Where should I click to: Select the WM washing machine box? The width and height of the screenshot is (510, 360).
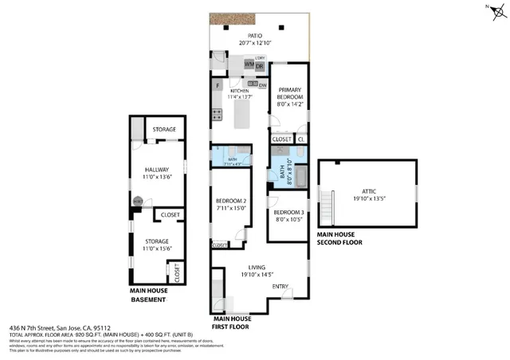pos(249,64)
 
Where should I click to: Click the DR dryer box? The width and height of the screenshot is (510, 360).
pos(260,66)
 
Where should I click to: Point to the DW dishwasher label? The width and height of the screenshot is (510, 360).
pos(262,84)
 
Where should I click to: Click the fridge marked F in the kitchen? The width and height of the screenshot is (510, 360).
pos(218,85)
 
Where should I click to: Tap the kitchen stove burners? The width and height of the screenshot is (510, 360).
pos(217,115)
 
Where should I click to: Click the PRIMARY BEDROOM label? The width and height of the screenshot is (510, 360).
pos(288,94)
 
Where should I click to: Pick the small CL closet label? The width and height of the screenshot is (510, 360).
pos(300,139)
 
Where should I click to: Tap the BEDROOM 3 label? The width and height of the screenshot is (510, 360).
pos(288,212)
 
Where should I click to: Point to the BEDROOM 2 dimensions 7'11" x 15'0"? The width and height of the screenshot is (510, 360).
pos(230,208)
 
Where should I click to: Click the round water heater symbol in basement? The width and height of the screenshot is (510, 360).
pos(137,202)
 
